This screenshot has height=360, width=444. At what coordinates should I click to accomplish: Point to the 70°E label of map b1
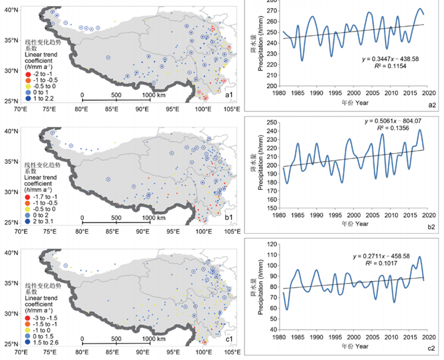pos(22,232)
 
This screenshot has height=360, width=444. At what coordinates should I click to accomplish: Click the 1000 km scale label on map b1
pos(146,217)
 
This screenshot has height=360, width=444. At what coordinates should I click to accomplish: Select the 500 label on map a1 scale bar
pos(115,95)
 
